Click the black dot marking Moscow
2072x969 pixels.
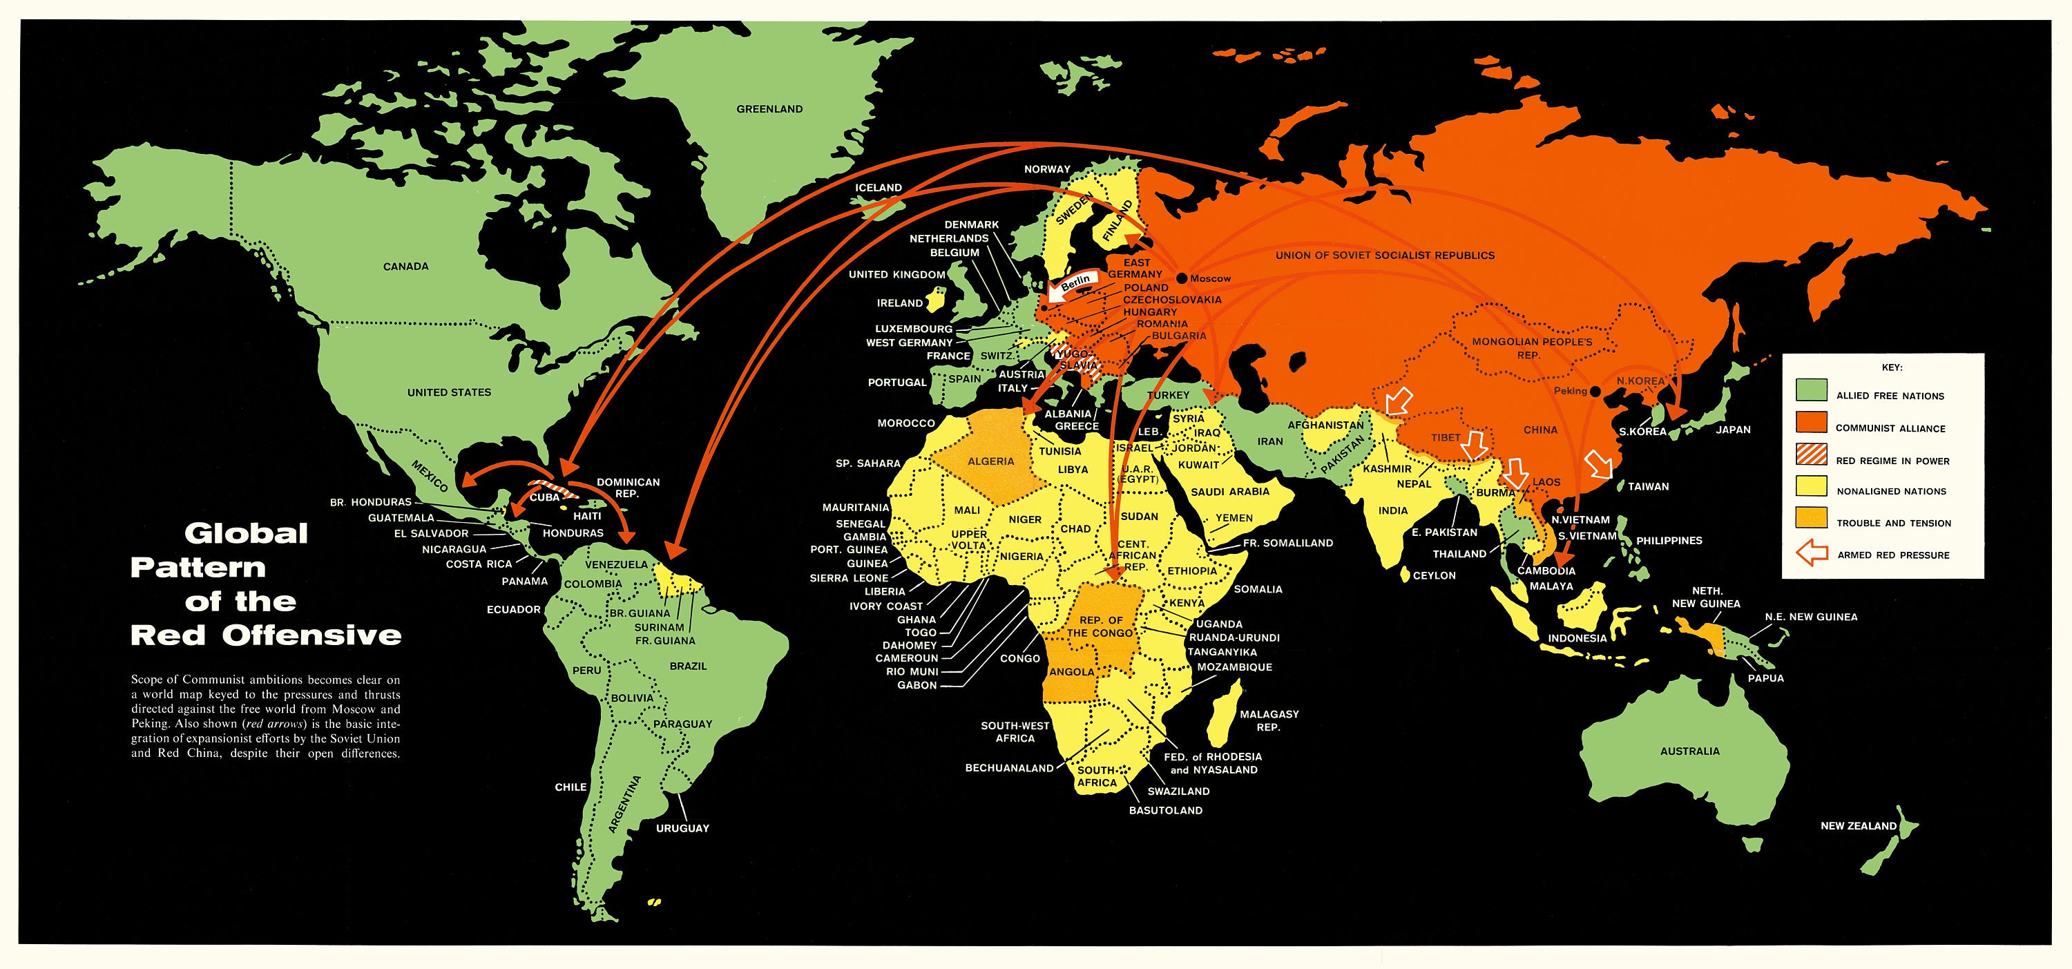pos(1182,278)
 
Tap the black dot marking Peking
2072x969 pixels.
pos(1596,392)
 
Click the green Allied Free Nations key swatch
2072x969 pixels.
pos(1811,390)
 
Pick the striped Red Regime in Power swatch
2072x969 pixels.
pos(1811,454)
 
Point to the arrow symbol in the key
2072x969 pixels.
pos(1811,554)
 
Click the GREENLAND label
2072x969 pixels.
pos(769,108)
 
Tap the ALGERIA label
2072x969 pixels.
pos(990,461)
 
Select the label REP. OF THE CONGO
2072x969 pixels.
pos(1100,626)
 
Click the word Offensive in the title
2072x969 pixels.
pos(311,635)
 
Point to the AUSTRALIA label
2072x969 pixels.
pos(1689,751)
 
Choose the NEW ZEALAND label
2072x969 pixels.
pos(1858,826)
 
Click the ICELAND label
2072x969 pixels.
pos(878,187)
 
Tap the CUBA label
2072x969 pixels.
pos(544,497)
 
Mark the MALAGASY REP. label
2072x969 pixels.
pos(1269,720)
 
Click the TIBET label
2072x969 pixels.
pos(1445,437)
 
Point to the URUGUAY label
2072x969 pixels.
pos(682,828)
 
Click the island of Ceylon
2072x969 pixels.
pos(1404,574)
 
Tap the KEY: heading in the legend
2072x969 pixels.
pos(1891,367)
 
